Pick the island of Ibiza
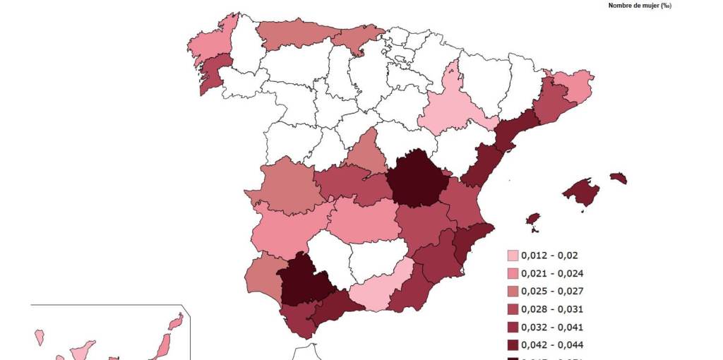coord(533,220)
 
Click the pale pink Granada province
coord(381,290)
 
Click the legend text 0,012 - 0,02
coord(549,256)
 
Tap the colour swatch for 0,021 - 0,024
coord(513,274)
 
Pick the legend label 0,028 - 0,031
coord(552,309)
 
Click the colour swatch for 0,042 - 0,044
coord(513,345)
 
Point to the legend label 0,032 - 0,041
coord(552,327)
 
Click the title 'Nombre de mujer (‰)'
coord(639,6)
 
